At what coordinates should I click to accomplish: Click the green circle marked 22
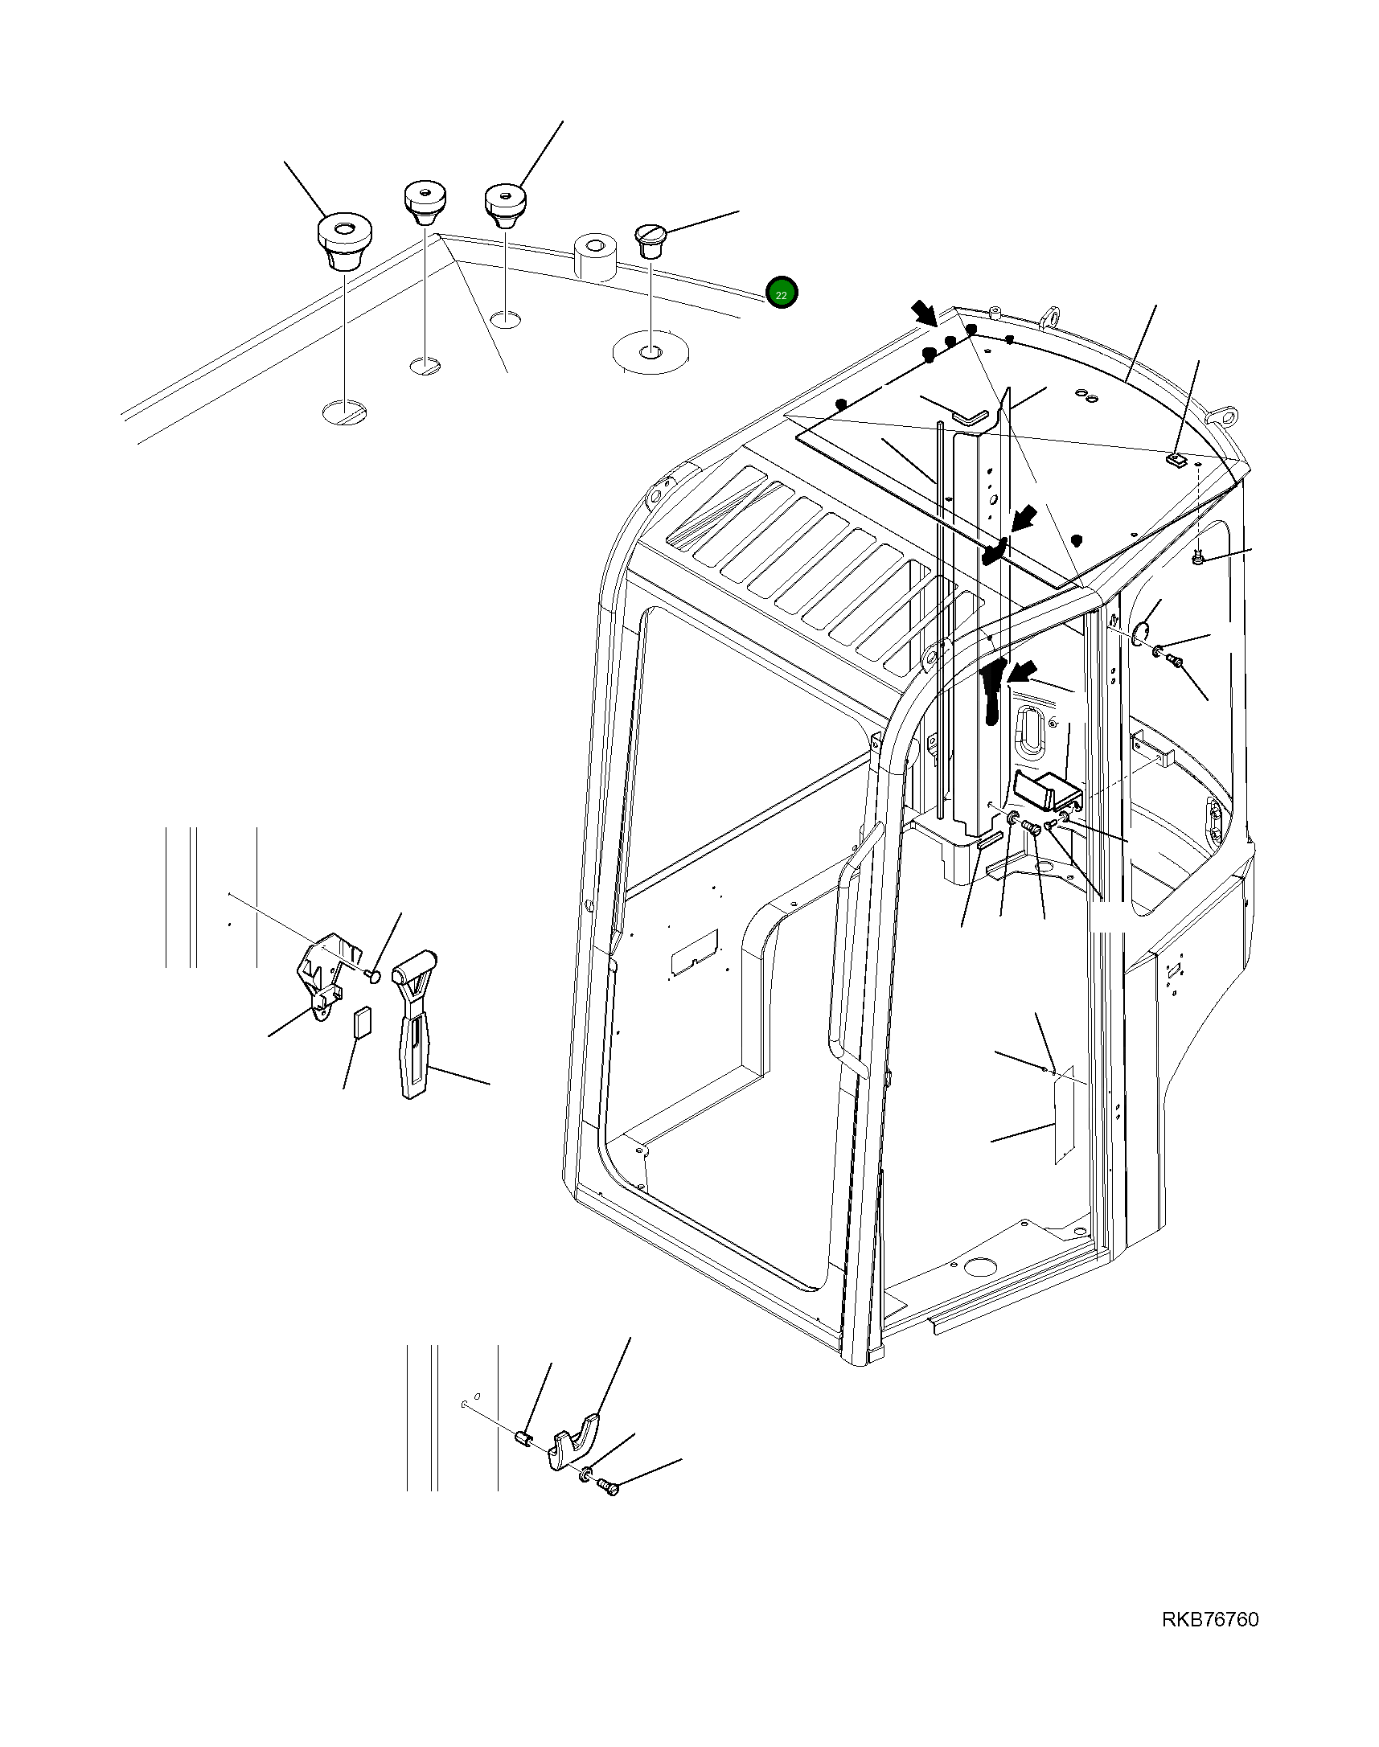tap(781, 294)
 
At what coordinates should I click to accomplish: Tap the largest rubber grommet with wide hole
tap(343, 240)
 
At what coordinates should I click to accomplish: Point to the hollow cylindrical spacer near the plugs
tap(595, 257)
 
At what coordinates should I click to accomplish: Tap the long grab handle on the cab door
tap(848, 953)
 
